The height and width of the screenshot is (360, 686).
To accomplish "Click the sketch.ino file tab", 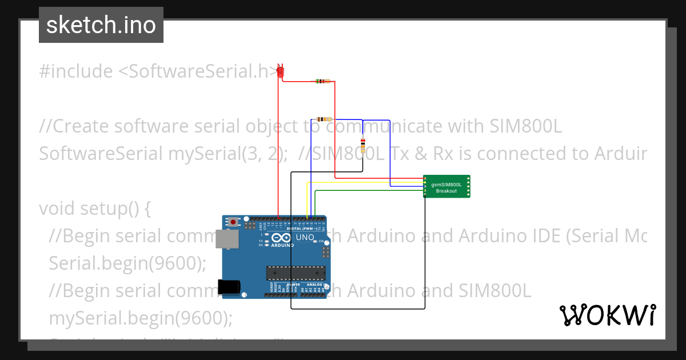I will pos(101,25).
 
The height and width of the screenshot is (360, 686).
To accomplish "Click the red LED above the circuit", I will pos(280,71).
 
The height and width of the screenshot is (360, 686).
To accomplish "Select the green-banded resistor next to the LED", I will pos(322,81).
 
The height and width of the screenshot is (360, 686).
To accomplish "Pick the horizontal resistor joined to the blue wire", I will pos(324,119).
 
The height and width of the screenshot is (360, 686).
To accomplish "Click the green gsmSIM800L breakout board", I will pos(446,186).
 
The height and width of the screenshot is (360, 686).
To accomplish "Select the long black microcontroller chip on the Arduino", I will pos(296,274).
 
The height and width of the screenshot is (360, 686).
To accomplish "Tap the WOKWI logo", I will pos(607,315).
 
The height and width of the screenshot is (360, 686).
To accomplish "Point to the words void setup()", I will pos(95,209).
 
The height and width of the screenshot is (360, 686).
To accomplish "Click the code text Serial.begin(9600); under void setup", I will pos(127,263).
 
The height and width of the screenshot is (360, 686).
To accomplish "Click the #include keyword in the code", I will pos(76,71).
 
